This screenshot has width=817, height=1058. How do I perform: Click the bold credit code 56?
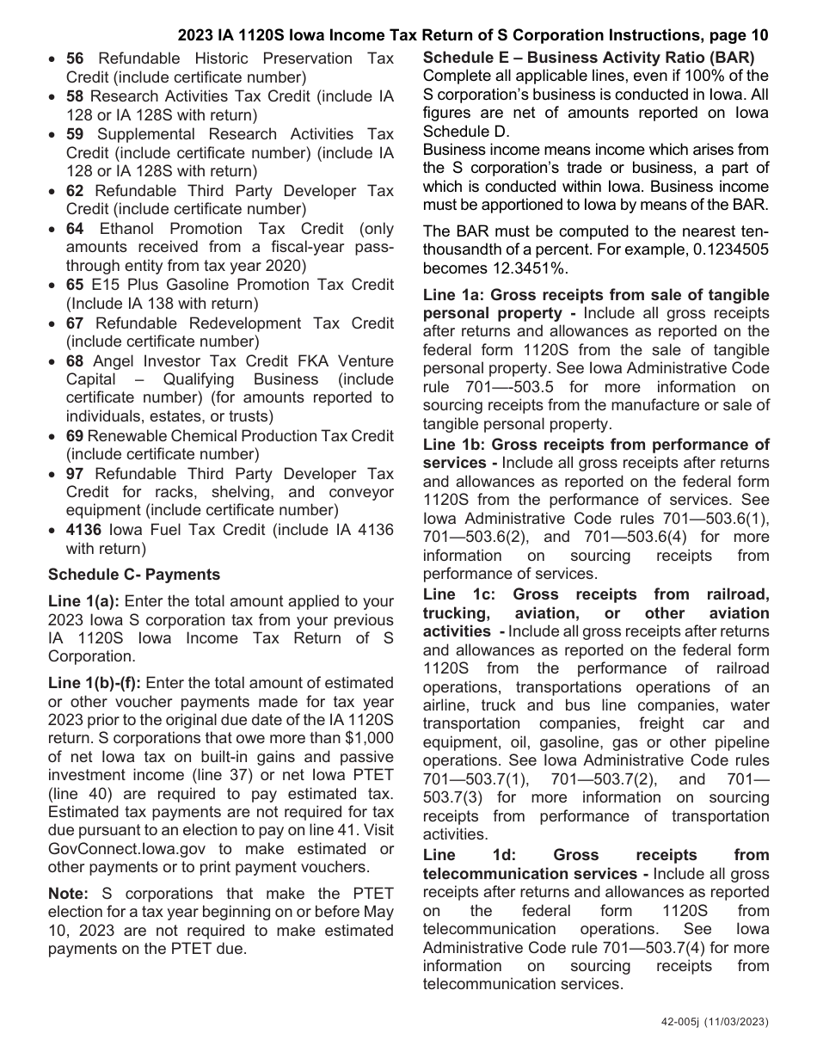[75, 58]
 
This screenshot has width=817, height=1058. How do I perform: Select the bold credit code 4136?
[83, 530]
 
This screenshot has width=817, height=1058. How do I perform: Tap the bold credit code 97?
[75, 474]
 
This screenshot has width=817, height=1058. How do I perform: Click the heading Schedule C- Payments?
[134, 575]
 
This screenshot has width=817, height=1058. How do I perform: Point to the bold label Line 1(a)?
[83, 602]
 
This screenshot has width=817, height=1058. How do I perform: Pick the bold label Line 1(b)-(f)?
[95, 683]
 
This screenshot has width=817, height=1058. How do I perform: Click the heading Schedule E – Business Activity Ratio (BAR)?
[588, 58]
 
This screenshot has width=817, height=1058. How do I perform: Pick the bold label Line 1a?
[454, 295]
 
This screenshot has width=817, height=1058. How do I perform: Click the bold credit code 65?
[75, 286]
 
